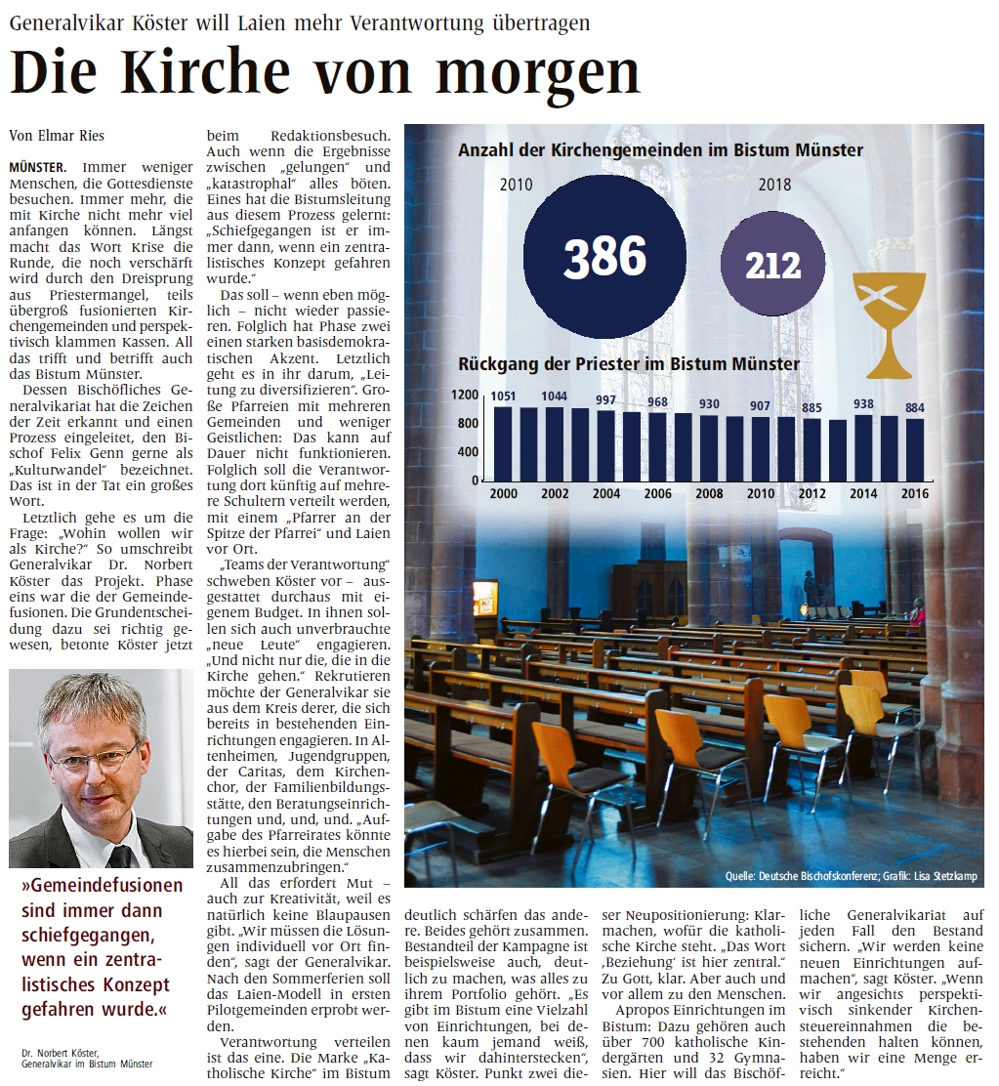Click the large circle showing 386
604,257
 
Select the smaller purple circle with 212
772,265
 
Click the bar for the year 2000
503,443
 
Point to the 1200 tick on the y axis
465,395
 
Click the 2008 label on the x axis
709,494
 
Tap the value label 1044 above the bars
555,395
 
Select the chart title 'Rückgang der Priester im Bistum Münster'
629,364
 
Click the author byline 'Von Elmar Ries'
56,136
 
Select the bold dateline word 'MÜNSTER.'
37,167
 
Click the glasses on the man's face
94,757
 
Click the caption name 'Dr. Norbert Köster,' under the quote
61,1052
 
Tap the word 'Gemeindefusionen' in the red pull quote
103,885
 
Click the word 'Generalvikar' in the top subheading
70,21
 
